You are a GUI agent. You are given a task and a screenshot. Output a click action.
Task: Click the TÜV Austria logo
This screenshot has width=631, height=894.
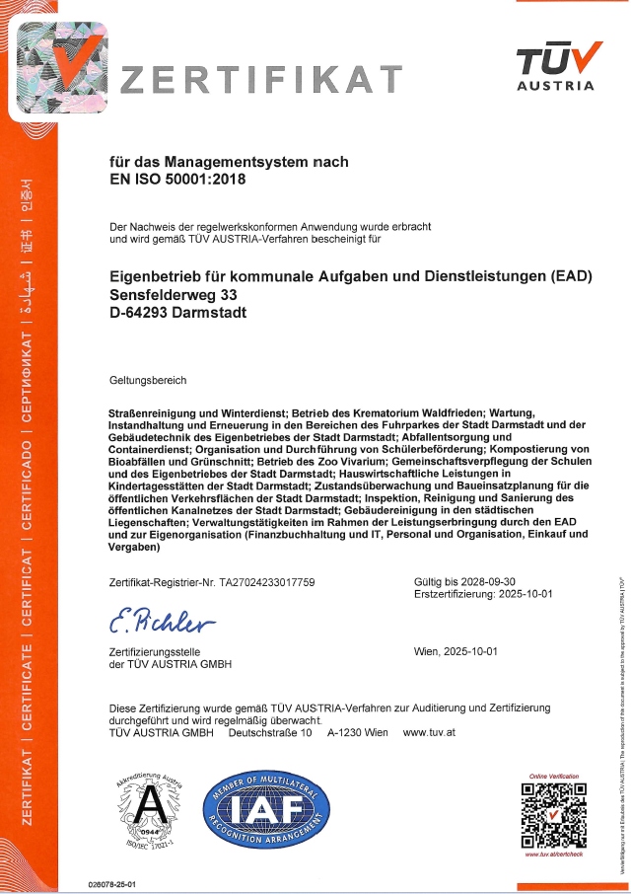(556, 66)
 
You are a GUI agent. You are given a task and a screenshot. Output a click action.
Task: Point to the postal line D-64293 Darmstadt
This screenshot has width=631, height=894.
(178, 313)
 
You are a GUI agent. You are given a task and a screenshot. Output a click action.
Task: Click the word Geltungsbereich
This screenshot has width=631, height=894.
(148, 380)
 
